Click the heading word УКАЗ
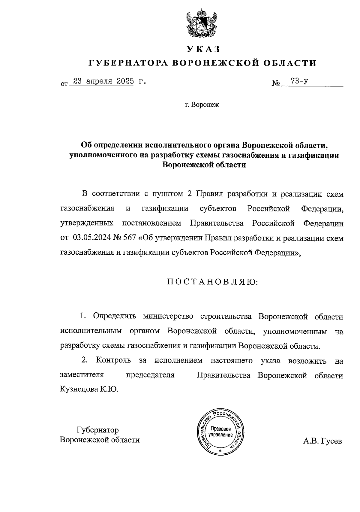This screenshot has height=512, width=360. point(203,49)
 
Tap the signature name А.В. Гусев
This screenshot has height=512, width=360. point(322,441)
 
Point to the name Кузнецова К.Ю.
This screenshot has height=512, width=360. point(89,389)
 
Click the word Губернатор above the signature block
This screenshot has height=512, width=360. point(98,430)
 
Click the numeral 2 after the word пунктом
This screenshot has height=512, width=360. point(189,194)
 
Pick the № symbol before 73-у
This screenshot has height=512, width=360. point(276,83)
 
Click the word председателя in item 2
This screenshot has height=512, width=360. point(150,375)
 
